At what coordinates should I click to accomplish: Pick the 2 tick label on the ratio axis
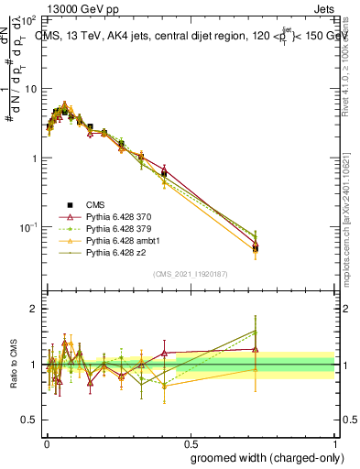pyautogui.click(x=33, y=309)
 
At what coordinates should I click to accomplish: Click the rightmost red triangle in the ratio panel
pyautogui.click(x=256, y=349)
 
